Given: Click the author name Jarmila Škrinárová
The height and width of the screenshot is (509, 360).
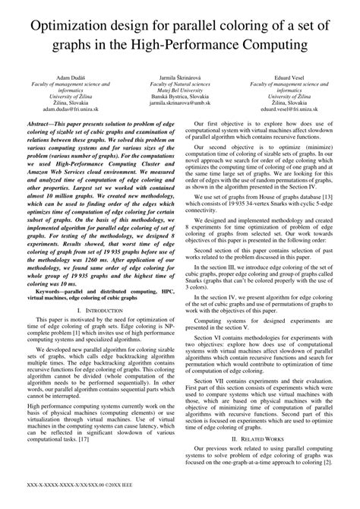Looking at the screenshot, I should click(x=180, y=78).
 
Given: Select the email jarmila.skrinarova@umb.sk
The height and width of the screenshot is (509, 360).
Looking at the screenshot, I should click(x=180, y=109).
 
